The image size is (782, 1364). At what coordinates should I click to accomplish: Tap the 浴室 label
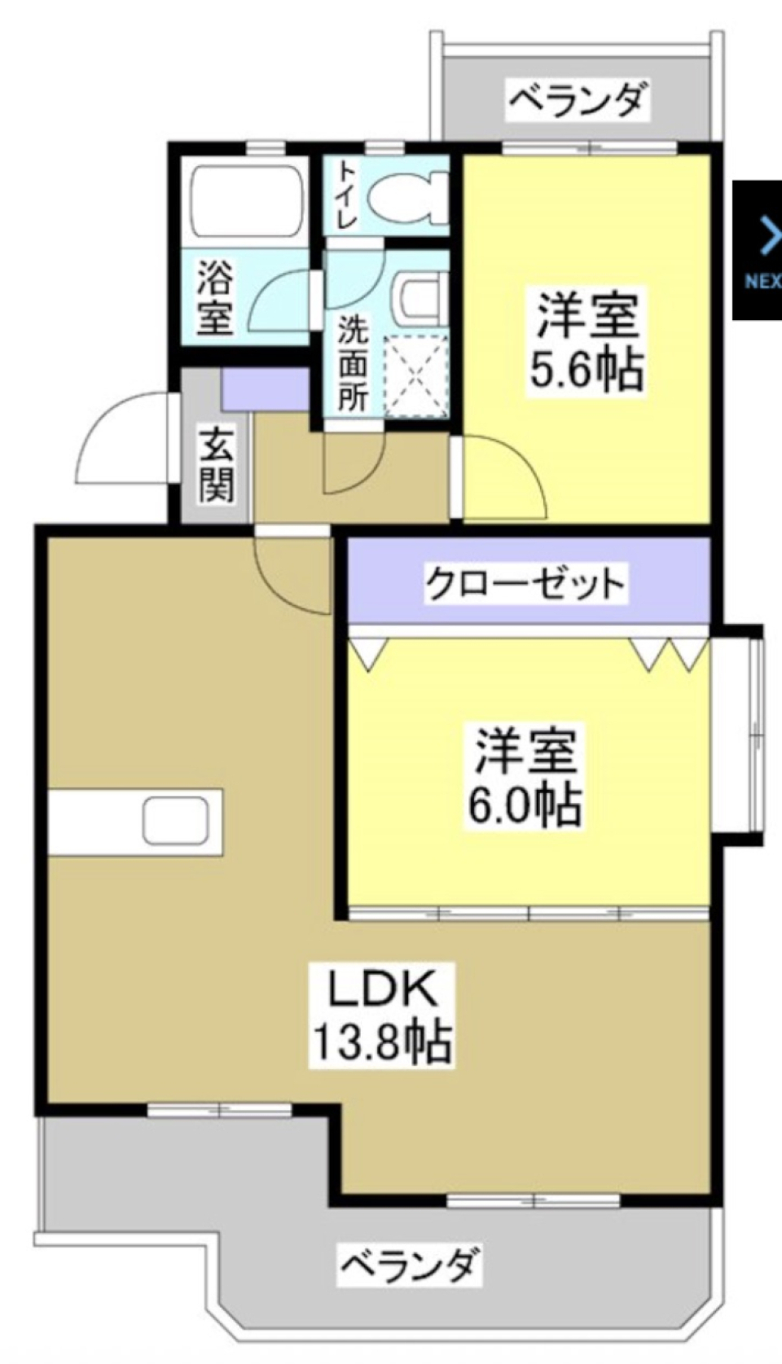click(x=216, y=297)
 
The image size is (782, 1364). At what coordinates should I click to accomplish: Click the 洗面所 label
click(x=353, y=362)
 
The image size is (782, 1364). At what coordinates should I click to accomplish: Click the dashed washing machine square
click(x=416, y=375)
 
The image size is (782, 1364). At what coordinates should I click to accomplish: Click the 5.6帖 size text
click(x=586, y=371)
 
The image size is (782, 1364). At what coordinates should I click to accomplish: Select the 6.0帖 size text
click(x=525, y=805)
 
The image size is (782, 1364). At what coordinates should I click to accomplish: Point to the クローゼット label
click(x=526, y=583)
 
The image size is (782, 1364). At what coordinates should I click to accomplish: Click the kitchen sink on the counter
click(x=175, y=821)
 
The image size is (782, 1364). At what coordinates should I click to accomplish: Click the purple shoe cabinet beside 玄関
click(x=265, y=390)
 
